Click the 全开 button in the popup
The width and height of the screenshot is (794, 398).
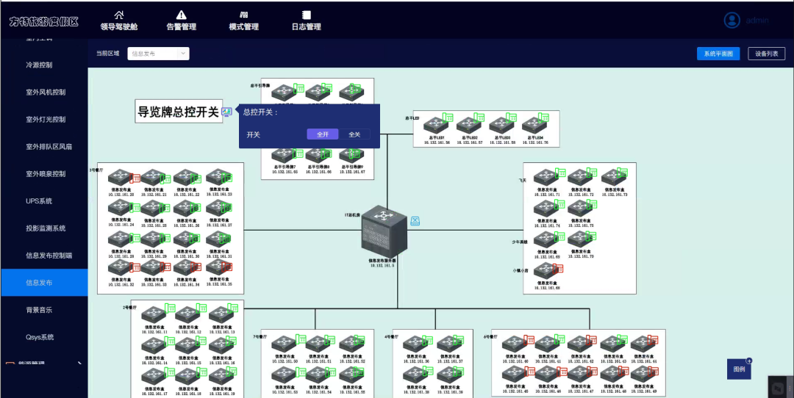click(x=323, y=134)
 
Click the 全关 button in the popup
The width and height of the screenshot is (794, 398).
click(x=354, y=134)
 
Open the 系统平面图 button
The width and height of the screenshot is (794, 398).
click(x=718, y=54)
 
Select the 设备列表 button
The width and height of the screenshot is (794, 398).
click(x=767, y=54)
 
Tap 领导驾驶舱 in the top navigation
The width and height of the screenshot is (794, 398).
click(x=119, y=21)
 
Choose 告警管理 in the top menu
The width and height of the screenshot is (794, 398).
click(x=182, y=21)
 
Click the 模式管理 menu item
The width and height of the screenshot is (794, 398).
click(x=244, y=21)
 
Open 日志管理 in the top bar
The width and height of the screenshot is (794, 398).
click(x=307, y=21)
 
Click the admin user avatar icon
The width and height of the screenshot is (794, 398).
click(x=732, y=21)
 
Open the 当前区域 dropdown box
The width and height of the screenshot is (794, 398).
click(x=159, y=54)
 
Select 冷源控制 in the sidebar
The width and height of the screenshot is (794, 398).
click(x=39, y=65)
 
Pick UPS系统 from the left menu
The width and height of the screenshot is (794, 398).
click(x=39, y=201)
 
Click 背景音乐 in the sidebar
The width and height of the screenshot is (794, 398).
click(x=39, y=310)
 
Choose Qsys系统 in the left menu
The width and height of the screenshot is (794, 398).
click(x=40, y=337)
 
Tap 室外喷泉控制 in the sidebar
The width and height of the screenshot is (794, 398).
click(x=46, y=174)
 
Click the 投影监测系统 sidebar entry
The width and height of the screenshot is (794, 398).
click(x=46, y=228)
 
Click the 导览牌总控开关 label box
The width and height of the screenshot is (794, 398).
click(x=179, y=112)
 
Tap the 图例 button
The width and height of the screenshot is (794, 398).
click(x=739, y=369)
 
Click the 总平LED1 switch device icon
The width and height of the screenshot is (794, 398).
click(x=435, y=126)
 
